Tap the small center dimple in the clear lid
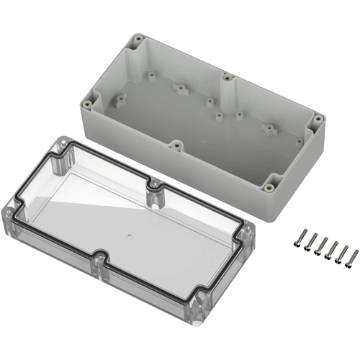pos(127,234)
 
